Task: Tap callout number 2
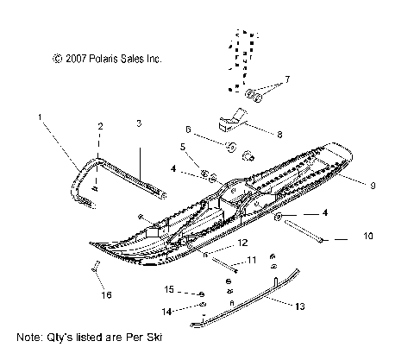point(100,127)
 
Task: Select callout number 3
point(139,123)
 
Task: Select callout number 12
point(219,243)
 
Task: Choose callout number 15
point(170,288)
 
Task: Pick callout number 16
point(108,294)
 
